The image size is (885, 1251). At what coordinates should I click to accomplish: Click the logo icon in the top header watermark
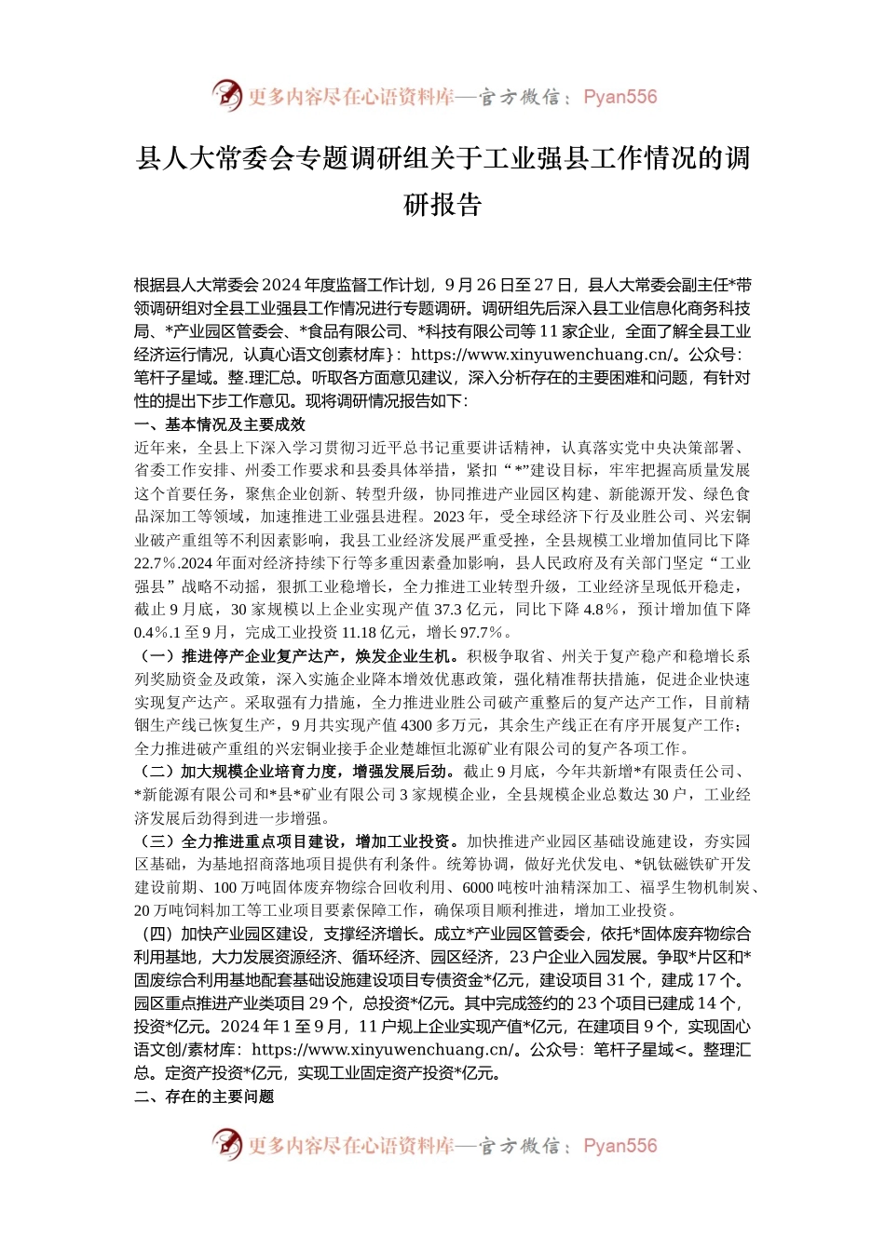click(226, 96)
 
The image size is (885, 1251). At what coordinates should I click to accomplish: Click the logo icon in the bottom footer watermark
click(226, 1145)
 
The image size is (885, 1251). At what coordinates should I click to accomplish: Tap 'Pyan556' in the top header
click(619, 97)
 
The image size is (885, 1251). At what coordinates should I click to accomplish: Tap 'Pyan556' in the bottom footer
click(619, 1146)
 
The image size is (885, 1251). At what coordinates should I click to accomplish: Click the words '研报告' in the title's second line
click(442, 204)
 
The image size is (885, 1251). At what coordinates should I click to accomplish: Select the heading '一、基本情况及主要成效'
click(220, 424)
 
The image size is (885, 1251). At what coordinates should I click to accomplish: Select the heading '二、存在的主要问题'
click(204, 1096)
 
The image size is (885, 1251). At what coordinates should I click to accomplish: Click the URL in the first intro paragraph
click(540, 355)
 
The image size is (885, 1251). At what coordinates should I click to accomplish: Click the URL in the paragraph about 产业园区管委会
click(381, 1050)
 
